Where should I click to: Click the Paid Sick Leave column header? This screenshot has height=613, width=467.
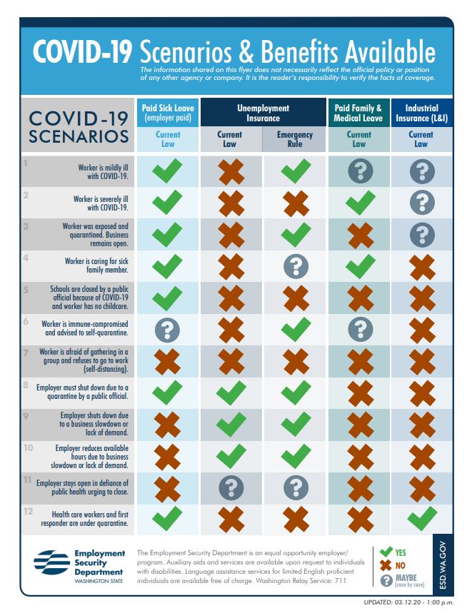coord(168,113)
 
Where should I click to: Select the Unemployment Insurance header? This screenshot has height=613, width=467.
coord(263,113)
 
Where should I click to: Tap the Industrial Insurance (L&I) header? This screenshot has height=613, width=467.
coord(421,113)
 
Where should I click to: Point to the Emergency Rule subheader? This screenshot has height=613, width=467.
coord(295,139)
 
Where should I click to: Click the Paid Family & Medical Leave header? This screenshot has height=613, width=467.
coord(358,113)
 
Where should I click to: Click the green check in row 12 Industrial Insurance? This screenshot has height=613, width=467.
coord(422,518)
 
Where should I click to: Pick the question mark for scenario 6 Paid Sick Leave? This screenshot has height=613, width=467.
coord(167,330)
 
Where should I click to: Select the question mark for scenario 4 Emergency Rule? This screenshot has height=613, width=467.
coord(296,266)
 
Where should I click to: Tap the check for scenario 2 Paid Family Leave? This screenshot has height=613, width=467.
coord(360,202)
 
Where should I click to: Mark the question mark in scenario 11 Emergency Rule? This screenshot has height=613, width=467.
coord(296,487)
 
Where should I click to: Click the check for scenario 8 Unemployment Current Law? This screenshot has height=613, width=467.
coord(231,392)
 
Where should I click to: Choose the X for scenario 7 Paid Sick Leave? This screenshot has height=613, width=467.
coord(167,362)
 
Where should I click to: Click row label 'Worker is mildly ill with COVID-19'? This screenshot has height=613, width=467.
coord(104,171)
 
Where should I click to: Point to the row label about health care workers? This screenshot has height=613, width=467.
coord(85,519)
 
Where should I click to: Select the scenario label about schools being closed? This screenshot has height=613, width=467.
coord(89,298)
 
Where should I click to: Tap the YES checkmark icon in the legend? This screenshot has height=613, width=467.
coord(386,552)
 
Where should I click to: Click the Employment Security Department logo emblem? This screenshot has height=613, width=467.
coord(51,562)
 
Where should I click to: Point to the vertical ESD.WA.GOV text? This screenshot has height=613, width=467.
coord(443,565)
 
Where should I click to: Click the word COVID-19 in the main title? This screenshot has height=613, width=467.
coord(82,51)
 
